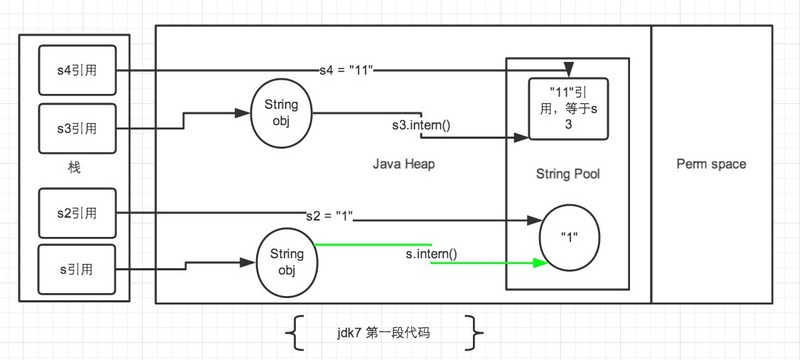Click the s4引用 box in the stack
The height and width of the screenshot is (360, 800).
pos(75,71)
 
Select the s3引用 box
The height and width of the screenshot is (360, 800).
pos(75,128)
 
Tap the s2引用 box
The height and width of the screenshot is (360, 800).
pos(75,213)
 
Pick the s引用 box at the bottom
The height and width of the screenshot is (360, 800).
pos(75,267)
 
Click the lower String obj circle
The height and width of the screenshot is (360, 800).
pos(286,262)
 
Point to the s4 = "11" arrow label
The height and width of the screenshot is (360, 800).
pos(348,71)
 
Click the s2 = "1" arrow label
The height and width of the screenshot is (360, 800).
pos(330,216)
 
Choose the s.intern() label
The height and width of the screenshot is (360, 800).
pos(431,255)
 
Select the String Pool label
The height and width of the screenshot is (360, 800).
pos(568,174)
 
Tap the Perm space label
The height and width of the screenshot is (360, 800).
pos(711,164)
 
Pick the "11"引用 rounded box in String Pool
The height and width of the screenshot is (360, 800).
pos(568,109)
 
